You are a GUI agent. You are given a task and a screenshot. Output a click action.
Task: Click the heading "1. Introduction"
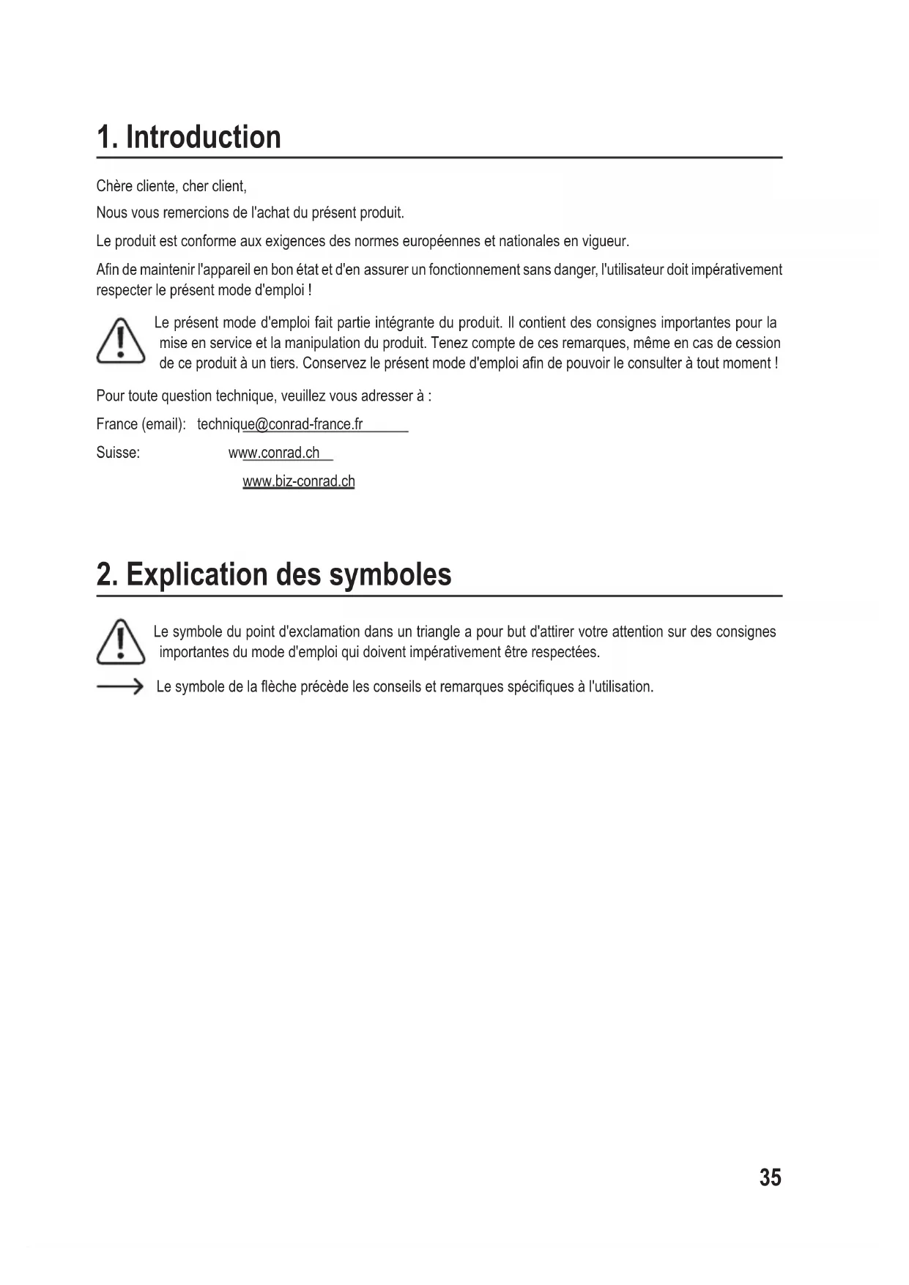point(189,137)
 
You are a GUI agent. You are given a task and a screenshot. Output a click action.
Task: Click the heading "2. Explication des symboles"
point(274,574)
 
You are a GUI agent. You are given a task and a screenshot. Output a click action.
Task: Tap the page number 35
point(770,1177)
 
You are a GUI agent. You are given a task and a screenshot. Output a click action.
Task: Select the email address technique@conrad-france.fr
point(280,424)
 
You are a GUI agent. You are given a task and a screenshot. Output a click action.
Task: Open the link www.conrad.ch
point(274,453)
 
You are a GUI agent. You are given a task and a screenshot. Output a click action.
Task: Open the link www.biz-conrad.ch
point(299,481)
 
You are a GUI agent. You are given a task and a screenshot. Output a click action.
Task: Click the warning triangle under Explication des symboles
point(121,642)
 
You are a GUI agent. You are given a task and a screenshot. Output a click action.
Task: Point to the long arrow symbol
point(119,687)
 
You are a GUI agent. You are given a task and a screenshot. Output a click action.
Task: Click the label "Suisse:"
point(118,453)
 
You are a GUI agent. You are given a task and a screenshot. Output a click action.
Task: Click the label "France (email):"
point(141,424)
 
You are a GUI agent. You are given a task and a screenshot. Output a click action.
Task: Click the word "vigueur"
point(606,241)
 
